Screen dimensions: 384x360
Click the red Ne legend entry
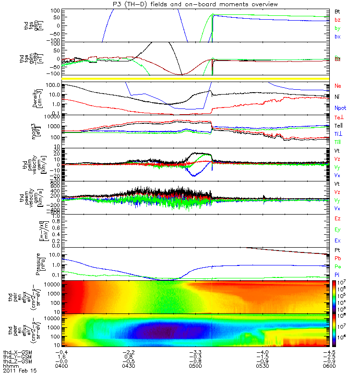[338, 86]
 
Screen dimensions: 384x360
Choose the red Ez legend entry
[338, 218]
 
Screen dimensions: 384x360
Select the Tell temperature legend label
[339, 125]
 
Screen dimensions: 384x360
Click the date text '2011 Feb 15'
[19, 371]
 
